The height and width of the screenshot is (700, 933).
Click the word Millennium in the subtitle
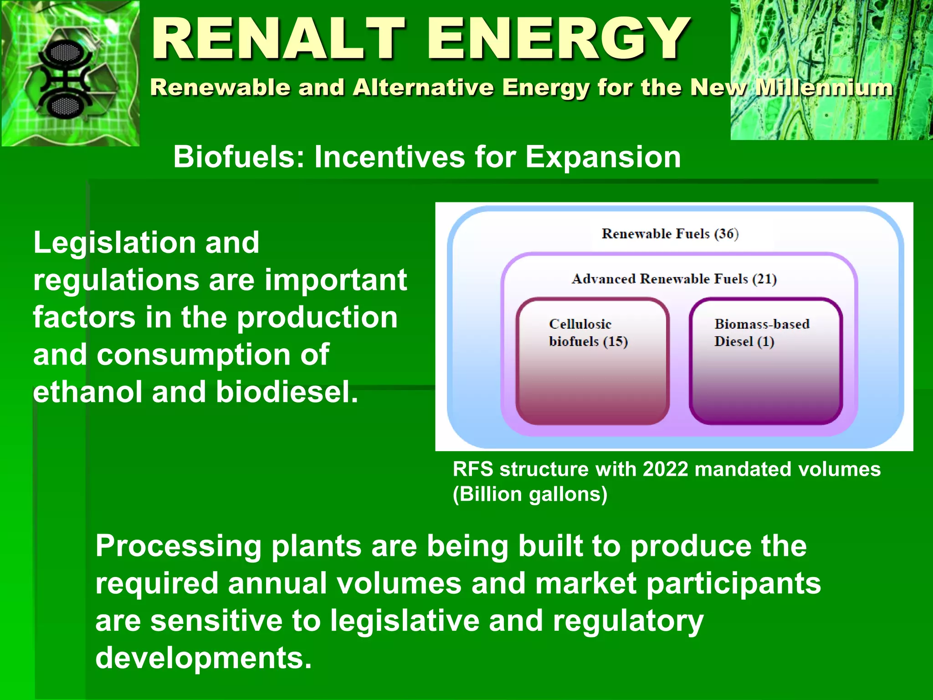click(824, 87)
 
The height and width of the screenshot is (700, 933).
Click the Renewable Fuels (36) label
click(670, 234)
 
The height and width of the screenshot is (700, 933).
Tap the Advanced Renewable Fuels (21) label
click(674, 278)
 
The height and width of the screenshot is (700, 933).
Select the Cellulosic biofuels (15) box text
click(588, 333)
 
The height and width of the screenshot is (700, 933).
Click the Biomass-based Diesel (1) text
click(761, 333)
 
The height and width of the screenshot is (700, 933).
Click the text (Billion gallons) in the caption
click(530, 494)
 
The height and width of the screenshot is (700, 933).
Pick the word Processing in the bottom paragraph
click(178, 547)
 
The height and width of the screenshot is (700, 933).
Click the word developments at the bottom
click(203, 658)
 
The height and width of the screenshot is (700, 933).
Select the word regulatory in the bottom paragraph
click(628, 621)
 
